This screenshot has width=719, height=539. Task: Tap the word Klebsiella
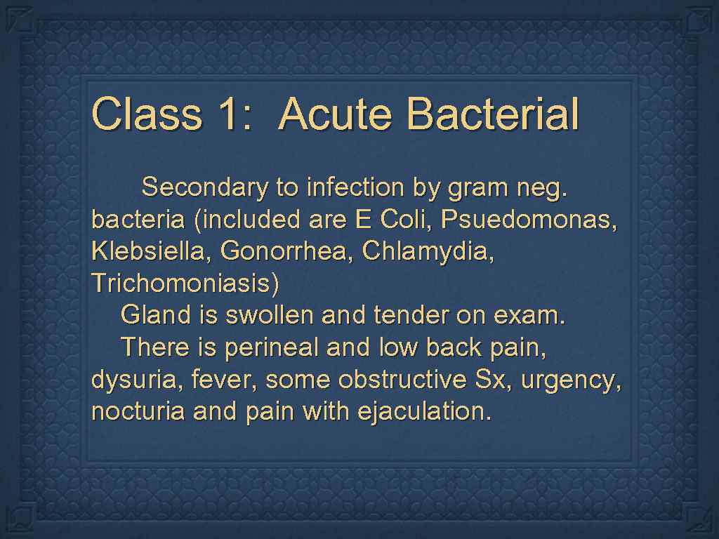tap(150, 252)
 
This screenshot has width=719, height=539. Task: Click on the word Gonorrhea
tap(287, 252)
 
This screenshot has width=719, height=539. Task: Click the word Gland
tap(155, 316)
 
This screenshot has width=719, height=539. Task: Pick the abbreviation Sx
tap(489, 380)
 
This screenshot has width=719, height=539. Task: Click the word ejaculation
tap(424, 412)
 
